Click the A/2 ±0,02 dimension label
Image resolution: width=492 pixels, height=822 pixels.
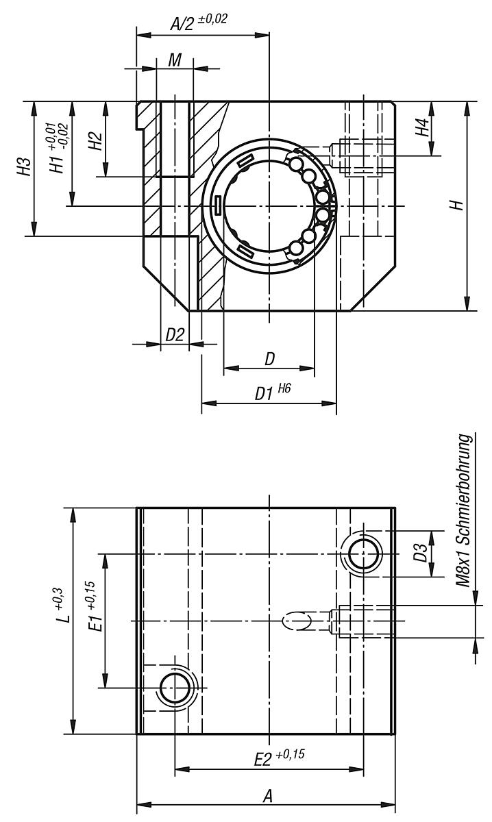tap(198, 22)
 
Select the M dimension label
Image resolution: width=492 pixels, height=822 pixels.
tap(175, 60)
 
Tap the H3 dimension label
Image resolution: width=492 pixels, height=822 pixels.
tap(25, 168)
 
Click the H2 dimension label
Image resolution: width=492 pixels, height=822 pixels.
tap(96, 140)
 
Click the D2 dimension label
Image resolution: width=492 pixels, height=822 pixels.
tap(175, 335)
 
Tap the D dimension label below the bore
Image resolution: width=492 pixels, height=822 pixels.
tap(269, 358)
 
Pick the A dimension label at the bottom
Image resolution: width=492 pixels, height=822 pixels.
tap(269, 796)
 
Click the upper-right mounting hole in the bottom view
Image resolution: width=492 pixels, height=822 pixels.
tap(363, 553)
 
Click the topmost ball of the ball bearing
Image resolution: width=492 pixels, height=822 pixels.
tap(296, 164)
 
